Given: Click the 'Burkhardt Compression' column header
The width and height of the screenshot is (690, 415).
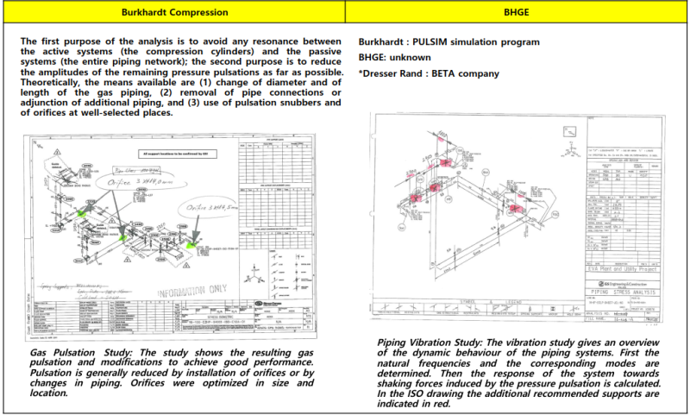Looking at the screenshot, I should pyautogui.click(x=172, y=14).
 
